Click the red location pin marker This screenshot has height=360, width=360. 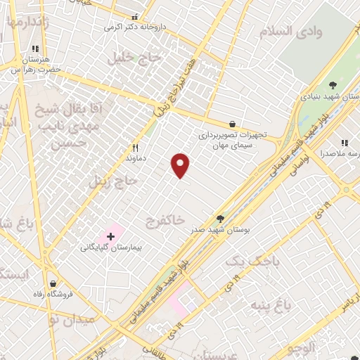click(x=181, y=165)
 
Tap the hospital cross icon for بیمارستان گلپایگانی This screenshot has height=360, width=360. click(x=110, y=236)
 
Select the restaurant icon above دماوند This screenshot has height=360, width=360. click(x=135, y=148)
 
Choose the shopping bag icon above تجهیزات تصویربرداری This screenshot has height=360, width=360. click(x=233, y=124)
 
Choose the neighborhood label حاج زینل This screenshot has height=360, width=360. click(x=115, y=181)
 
